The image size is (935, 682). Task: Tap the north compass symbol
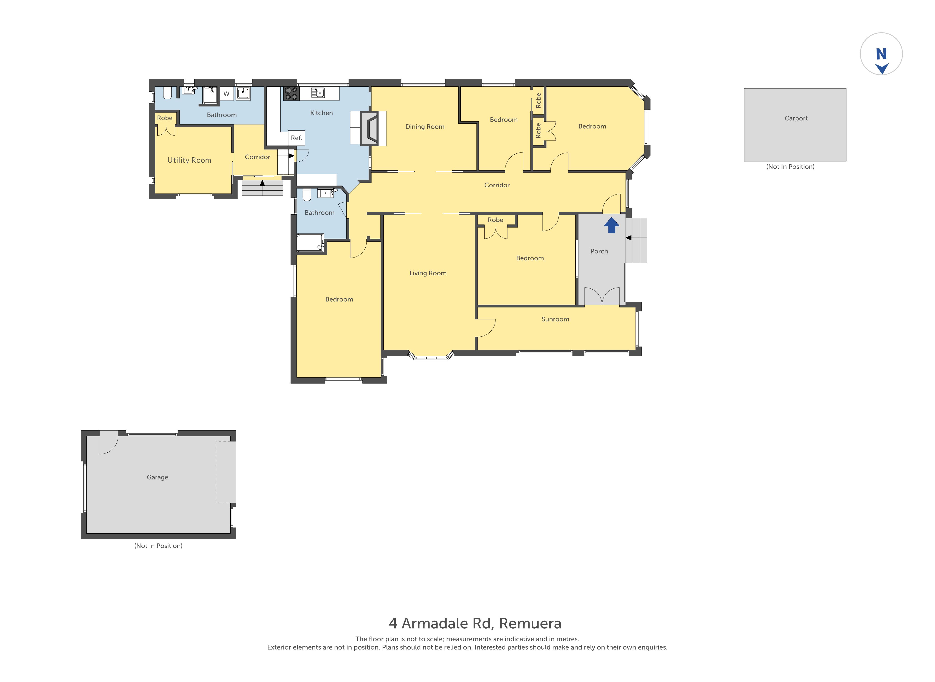point(881,54)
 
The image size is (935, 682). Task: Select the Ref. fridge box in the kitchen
point(296,138)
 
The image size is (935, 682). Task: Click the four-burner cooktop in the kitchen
point(291,93)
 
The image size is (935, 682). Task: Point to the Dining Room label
point(425,127)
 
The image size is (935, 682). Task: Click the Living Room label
point(428,273)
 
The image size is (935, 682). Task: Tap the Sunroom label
point(555,319)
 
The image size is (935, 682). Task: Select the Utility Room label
point(189,160)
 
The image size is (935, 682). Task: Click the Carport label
point(796,118)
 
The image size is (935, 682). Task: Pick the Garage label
point(157,477)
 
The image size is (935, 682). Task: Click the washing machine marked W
point(226,94)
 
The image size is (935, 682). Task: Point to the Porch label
point(599,251)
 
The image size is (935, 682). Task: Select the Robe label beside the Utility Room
point(165,118)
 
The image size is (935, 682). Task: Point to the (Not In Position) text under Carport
point(790,167)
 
